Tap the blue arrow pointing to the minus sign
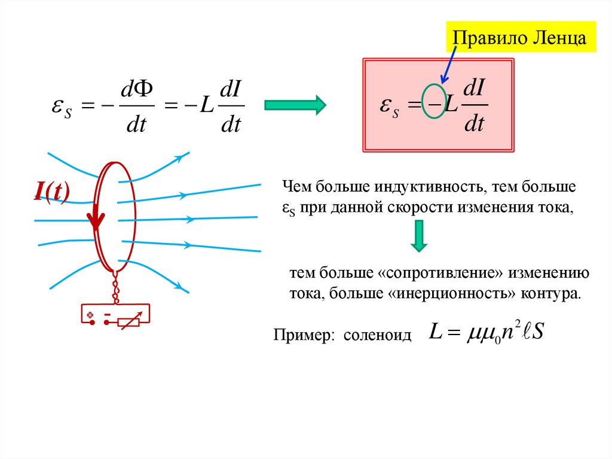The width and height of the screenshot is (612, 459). pyautogui.click(x=448, y=64)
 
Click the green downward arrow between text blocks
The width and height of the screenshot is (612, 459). pyautogui.click(x=419, y=236)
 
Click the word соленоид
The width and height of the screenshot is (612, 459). pyautogui.click(x=378, y=335)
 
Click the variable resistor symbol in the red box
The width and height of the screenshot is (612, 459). pyautogui.click(x=130, y=322)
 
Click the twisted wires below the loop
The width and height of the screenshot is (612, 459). pyautogui.click(x=115, y=287)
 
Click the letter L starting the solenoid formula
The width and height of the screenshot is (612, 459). pyautogui.click(x=436, y=333)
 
